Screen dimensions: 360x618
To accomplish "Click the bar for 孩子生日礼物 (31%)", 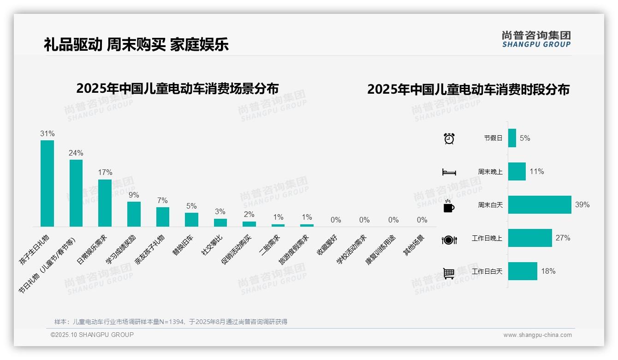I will point(47,183).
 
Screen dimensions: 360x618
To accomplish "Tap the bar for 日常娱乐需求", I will point(105,203).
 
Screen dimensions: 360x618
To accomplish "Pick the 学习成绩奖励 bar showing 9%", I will point(134,214).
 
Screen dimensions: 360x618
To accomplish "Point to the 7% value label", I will point(162,201).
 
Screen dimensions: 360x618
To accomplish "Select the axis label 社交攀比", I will point(212,245).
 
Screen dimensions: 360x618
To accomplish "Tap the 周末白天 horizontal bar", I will point(540,204).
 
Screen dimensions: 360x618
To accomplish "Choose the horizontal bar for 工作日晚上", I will point(530,238).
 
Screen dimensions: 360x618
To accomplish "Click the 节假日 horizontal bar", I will point(512,138).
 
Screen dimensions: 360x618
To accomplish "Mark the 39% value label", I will point(582,204).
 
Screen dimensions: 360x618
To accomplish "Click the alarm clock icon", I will point(449,138).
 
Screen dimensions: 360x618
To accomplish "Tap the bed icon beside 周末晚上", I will point(449,172).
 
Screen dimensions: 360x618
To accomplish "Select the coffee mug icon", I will point(449,206).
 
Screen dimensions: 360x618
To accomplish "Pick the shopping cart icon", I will point(449,273).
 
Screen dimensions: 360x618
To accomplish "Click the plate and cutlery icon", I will point(449,240).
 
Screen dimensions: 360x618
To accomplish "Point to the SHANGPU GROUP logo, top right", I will point(536,39).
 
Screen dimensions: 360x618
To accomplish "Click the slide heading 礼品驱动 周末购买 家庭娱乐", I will point(136,44).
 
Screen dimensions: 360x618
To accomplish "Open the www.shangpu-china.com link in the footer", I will point(537,335).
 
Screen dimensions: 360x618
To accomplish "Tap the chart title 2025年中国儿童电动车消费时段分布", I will point(468,89).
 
